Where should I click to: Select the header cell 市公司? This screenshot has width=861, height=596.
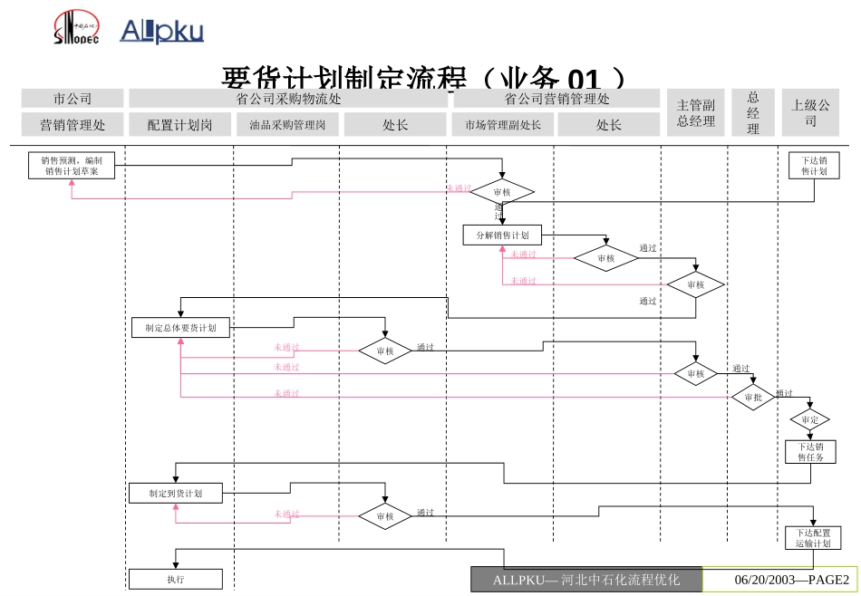(x=73, y=99)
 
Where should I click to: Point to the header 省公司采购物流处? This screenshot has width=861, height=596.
(x=288, y=99)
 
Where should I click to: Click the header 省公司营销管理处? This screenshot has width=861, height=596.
(x=556, y=99)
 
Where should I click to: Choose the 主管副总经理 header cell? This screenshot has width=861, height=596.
(x=696, y=113)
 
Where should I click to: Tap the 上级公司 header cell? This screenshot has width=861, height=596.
(x=810, y=113)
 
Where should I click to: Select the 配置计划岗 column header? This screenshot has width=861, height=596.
(x=179, y=125)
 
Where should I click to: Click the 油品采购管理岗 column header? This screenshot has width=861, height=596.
(x=287, y=125)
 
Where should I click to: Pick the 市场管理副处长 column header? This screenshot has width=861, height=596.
(x=502, y=125)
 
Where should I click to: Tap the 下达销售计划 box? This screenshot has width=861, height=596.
(x=814, y=166)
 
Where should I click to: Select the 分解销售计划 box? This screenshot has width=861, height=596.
(x=502, y=236)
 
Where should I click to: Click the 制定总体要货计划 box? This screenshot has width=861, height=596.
(x=179, y=328)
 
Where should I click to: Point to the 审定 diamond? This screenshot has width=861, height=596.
(x=810, y=420)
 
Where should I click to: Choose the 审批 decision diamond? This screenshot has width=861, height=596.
(x=753, y=397)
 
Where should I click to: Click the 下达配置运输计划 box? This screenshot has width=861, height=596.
(x=813, y=538)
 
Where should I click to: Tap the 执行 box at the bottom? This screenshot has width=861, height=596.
(x=176, y=579)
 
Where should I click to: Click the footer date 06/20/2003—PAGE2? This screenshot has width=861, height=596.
(x=779, y=580)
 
